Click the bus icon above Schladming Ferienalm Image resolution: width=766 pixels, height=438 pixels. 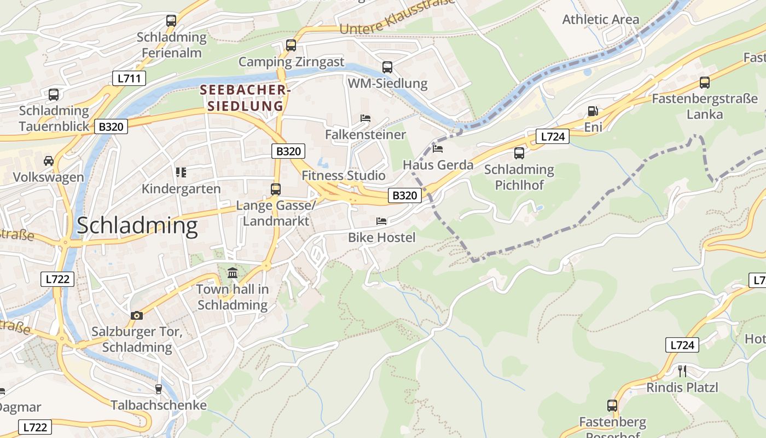coord(171,21)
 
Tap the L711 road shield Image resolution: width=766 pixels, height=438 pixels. coord(129,78)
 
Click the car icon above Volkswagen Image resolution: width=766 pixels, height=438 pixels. coord(49,161)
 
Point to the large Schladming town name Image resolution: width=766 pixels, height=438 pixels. coord(137,226)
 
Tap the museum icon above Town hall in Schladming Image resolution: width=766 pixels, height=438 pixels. coord(233,272)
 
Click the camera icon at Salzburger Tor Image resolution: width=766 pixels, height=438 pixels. coord(137,315)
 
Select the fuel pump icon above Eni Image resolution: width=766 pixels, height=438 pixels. coord(593,111)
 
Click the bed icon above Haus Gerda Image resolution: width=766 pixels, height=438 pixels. coord(438,148)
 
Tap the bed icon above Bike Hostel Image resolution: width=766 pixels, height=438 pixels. coord(381,221)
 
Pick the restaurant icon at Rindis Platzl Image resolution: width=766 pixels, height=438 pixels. coord(682,371)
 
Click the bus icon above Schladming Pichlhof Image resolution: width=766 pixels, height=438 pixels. coord(519,153)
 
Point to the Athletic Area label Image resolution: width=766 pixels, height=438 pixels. coord(600,20)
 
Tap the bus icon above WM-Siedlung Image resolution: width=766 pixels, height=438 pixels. coord(387,67)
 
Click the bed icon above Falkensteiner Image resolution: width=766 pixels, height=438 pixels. coord(365,118)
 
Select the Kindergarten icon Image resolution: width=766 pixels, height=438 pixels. coord(181,172)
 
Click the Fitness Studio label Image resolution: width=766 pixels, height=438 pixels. coord(344,176)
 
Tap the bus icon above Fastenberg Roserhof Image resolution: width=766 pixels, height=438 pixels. coord(612,406)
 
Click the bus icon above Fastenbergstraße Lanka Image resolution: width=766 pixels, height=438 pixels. coord(705,83)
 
